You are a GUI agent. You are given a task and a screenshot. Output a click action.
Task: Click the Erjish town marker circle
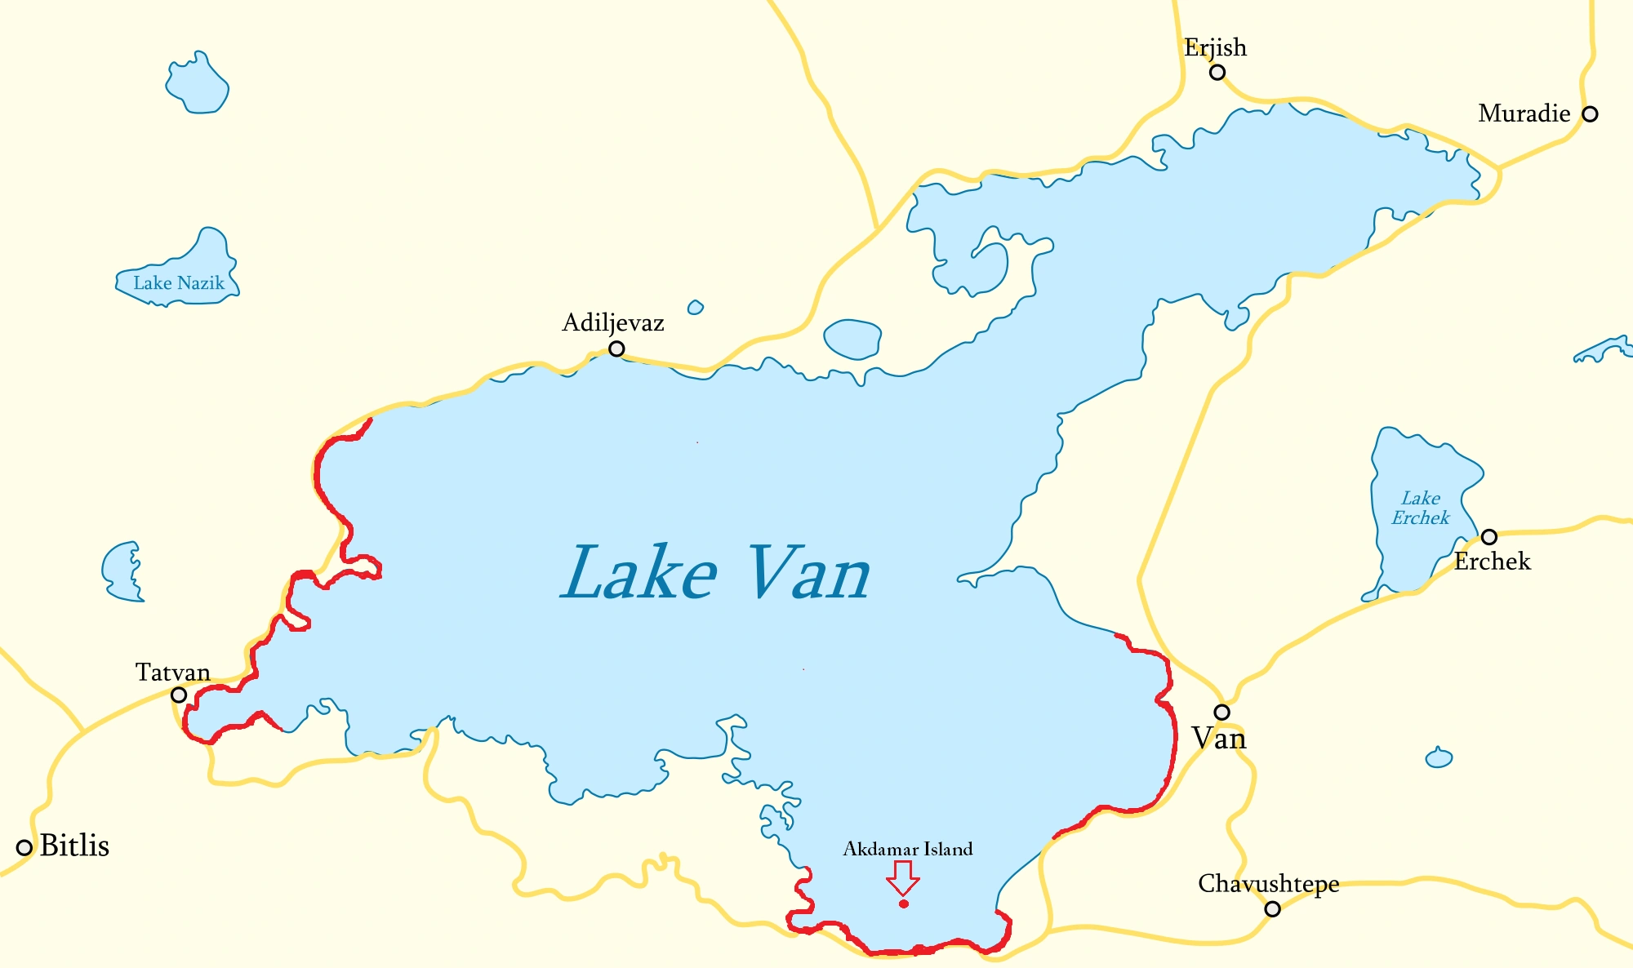(x=1217, y=72)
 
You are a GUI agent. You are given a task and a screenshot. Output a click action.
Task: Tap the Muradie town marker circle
(x=1590, y=113)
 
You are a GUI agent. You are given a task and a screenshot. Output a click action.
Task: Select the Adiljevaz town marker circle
(x=617, y=349)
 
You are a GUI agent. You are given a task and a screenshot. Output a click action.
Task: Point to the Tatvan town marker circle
(x=179, y=695)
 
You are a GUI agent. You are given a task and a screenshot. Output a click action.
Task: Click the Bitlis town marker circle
(x=24, y=847)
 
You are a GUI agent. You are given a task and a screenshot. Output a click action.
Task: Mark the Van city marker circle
(x=1221, y=712)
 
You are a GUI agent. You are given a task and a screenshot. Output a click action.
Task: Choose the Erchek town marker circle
(x=1489, y=536)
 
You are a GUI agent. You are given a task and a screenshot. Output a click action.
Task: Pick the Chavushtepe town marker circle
(x=1272, y=908)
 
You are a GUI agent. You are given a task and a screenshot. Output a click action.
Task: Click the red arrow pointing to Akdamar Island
(x=903, y=877)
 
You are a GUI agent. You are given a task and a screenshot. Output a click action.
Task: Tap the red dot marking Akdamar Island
(x=904, y=904)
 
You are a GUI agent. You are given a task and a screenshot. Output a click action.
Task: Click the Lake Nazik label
(x=179, y=283)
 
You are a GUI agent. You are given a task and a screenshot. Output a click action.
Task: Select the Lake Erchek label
(x=1421, y=508)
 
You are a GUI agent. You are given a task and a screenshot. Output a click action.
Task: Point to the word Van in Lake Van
(x=808, y=574)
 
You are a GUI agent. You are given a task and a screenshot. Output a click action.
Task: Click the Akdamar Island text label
(x=908, y=849)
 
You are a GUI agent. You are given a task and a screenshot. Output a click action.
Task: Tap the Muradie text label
(x=1524, y=113)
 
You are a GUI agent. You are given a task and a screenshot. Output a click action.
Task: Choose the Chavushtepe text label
(x=1268, y=883)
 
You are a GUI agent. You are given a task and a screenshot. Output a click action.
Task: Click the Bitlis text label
(x=74, y=846)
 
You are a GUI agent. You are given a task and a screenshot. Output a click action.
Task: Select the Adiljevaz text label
(x=613, y=322)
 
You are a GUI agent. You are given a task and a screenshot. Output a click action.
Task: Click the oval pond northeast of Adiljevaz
(x=852, y=339)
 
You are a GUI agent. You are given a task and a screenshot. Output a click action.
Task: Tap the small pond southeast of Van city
(x=1439, y=758)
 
